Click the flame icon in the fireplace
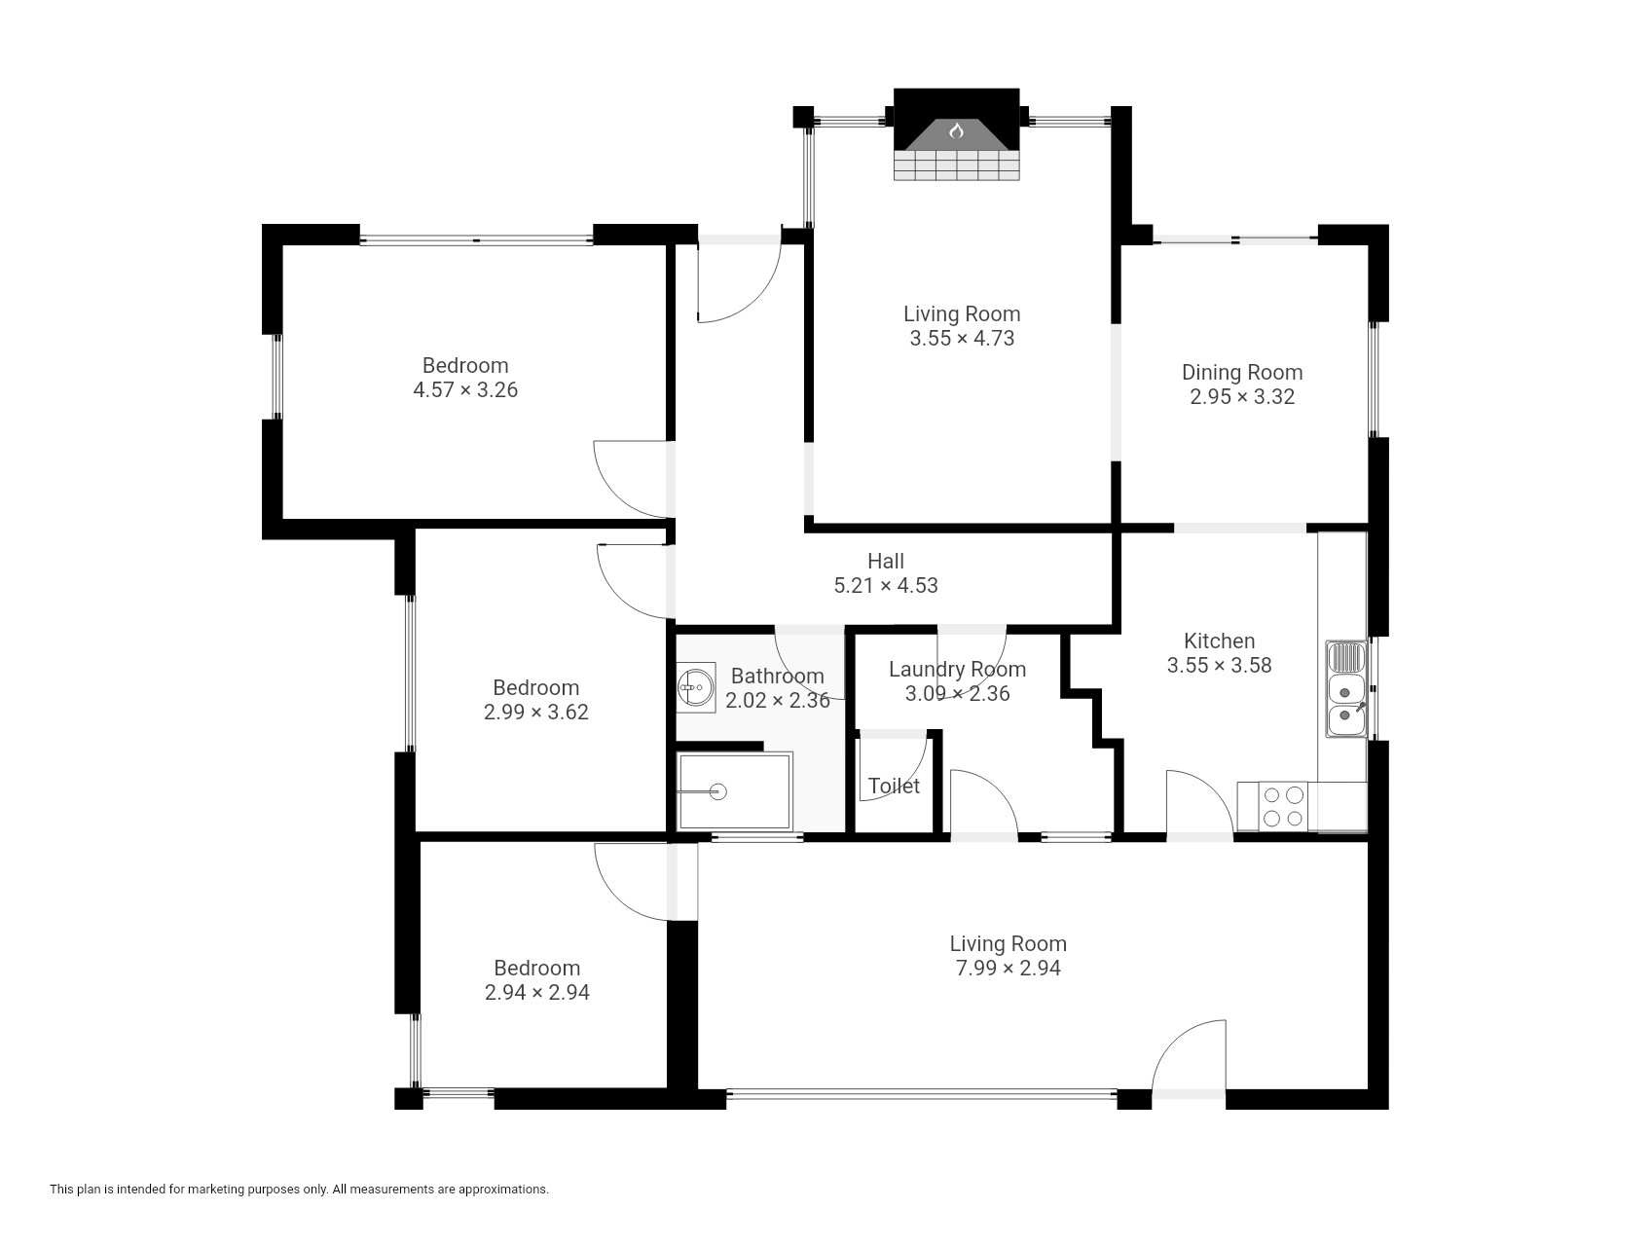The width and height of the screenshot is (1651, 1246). pos(956,129)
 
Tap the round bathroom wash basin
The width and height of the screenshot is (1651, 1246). pos(695,687)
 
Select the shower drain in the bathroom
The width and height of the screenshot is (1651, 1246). pos(718,791)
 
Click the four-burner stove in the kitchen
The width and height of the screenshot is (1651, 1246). pos(1282,806)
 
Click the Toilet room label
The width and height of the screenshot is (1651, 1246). pos(894,786)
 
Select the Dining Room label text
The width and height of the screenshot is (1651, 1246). pos(1242,372)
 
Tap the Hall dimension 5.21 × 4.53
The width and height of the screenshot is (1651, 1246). pos(886,585)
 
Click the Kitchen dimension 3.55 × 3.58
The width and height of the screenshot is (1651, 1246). pos(1219,665)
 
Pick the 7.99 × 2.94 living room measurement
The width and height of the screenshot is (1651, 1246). pos(1008,968)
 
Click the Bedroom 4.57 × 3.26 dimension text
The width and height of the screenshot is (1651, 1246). pos(465,389)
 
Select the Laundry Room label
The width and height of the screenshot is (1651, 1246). pos(957,669)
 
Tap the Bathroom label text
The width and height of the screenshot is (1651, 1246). pos(777,676)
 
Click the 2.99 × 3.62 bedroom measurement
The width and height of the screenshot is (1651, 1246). pos(536,712)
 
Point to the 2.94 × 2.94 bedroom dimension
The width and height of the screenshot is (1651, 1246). pos(537,992)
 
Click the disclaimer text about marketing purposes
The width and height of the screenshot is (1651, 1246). pos(299,1189)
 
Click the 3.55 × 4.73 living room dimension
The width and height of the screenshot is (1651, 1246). pos(962,338)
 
